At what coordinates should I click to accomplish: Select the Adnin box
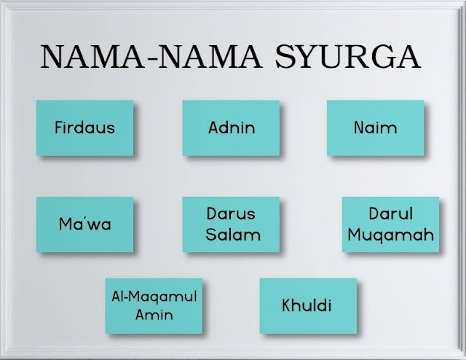(231, 128)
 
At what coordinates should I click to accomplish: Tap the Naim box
(375, 128)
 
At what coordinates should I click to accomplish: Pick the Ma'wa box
(84, 224)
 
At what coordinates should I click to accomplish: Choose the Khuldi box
(307, 304)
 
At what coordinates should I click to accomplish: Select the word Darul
(391, 215)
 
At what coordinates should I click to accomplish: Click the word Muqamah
(391, 234)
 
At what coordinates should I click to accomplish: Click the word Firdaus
(84, 128)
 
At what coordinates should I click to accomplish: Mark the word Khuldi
(307, 305)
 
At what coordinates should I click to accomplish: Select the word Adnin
(231, 128)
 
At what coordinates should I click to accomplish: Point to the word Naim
(375, 128)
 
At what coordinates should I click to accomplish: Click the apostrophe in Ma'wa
(86, 217)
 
